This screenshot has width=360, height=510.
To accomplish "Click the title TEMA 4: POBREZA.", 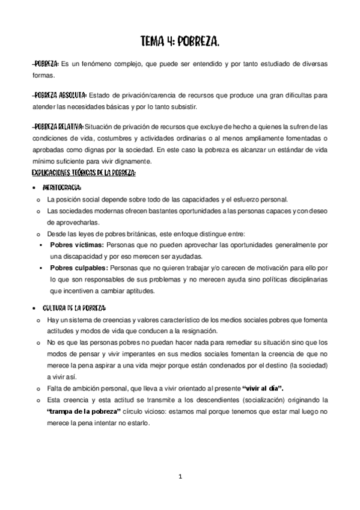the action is pos(180,40).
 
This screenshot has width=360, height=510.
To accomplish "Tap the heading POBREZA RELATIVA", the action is pos(58,126).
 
